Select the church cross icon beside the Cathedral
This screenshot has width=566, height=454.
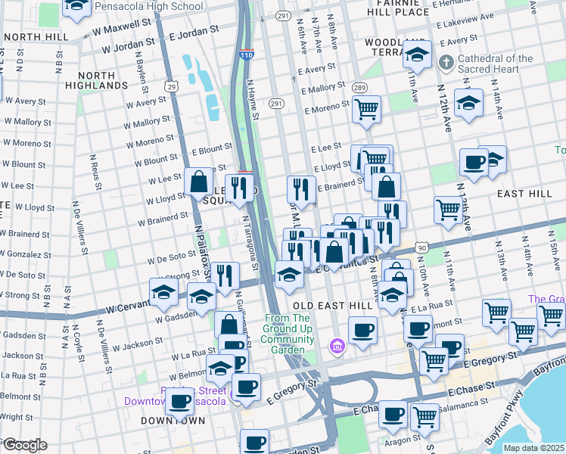447,62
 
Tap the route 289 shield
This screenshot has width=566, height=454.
359,89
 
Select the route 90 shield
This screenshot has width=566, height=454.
421,247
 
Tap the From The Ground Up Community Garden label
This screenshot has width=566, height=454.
294,329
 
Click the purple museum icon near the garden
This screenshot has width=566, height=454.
337,347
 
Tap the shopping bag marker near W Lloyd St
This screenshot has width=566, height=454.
199,182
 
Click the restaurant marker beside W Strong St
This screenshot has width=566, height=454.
224,275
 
